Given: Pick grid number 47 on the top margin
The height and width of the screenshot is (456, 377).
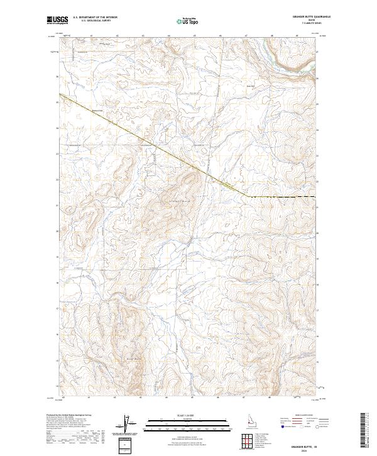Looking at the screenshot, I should click(x=245, y=35).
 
